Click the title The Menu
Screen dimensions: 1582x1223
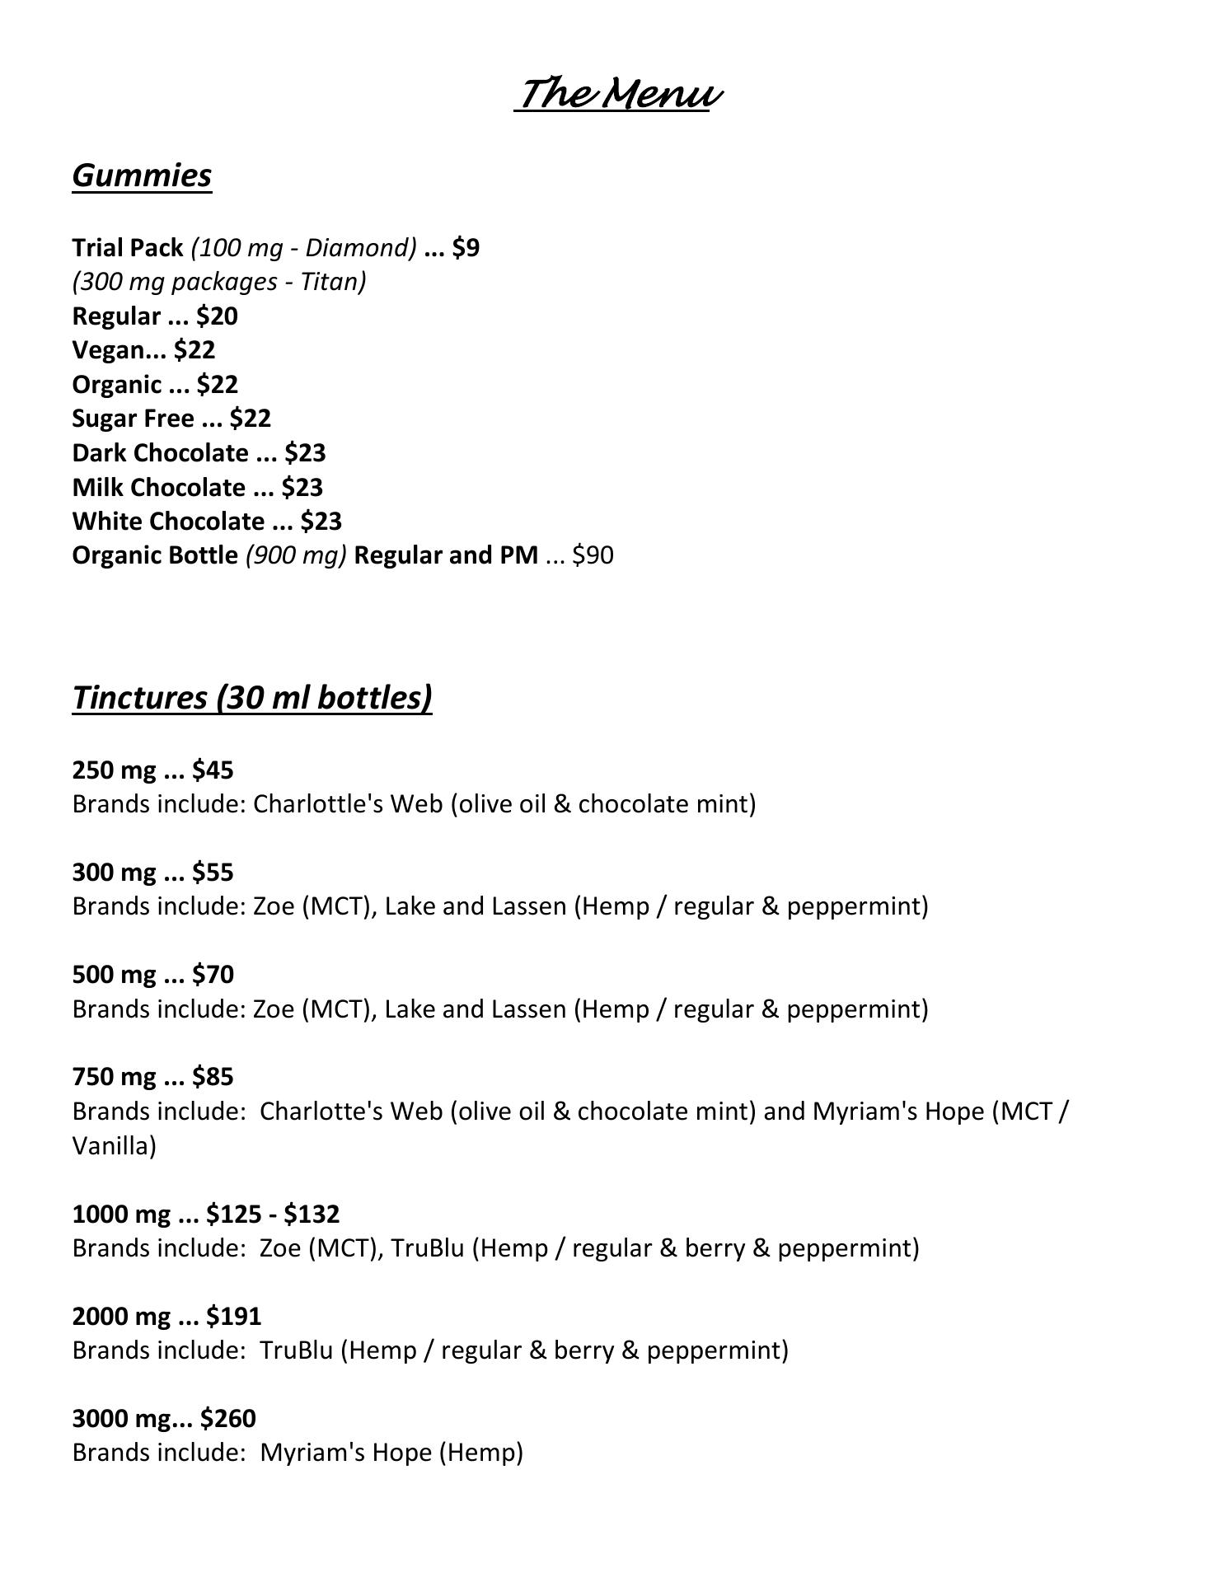point(618,93)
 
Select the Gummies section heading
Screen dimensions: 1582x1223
point(142,176)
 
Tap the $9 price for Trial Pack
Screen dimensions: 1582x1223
point(466,248)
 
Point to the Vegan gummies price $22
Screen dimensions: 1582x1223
point(194,350)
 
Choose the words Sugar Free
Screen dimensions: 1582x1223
point(133,419)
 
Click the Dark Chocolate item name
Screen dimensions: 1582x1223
point(160,453)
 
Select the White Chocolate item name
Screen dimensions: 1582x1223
point(168,522)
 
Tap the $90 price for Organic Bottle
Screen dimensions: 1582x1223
point(593,555)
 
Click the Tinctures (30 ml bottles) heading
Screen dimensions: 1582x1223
point(252,697)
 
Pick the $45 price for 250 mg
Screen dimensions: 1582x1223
point(213,770)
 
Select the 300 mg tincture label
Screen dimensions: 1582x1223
point(114,873)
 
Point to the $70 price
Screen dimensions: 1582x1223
point(213,975)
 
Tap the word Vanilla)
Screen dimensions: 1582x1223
point(114,1146)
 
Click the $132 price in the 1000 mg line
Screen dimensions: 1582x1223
point(312,1215)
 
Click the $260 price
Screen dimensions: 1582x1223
point(228,1419)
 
